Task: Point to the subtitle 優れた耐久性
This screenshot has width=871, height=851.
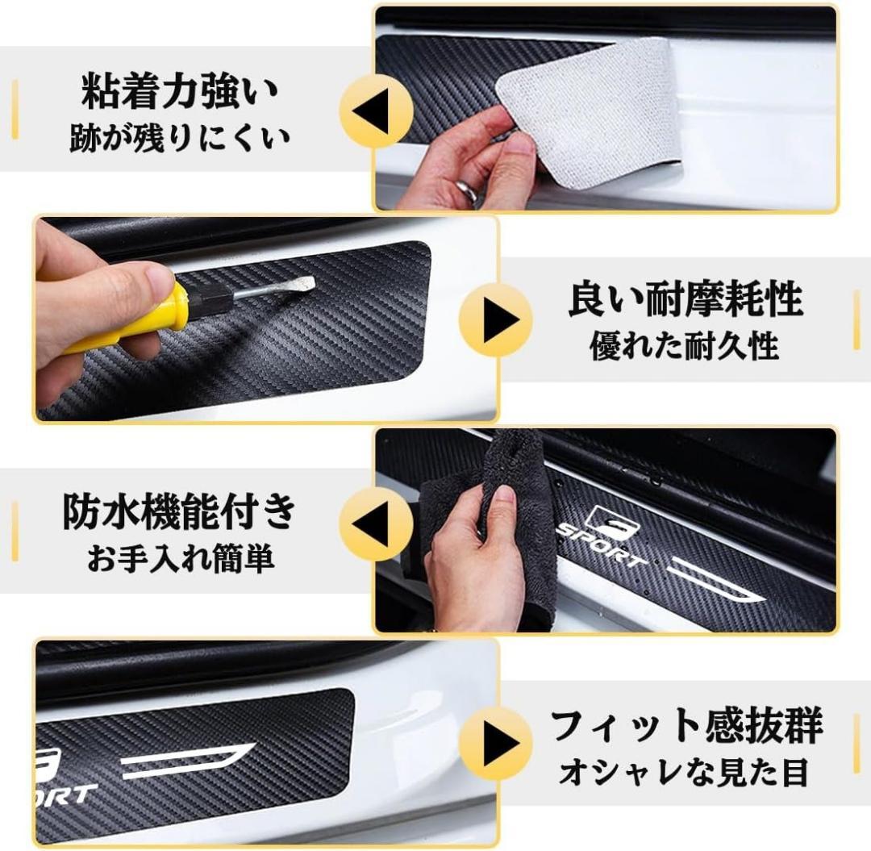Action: pyautogui.click(x=684, y=346)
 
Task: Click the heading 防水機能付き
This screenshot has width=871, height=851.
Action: pyautogui.click(x=179, y=511)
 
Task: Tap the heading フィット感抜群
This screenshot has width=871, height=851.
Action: pyautogui.click(x=686, y=725)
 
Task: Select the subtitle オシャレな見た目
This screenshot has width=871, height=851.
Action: pyautogui.click(x=683, y=772)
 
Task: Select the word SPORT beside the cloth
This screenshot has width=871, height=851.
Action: pyautogui.click(x=602, y=545)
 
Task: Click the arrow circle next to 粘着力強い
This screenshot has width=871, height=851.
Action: pyautogui.click(x=376, y=111)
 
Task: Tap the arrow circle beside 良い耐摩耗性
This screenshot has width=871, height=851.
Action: pyautogui.click(x=496, y=319)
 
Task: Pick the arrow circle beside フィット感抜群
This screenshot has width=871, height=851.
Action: pyautogui.click(x=496, y=743)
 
